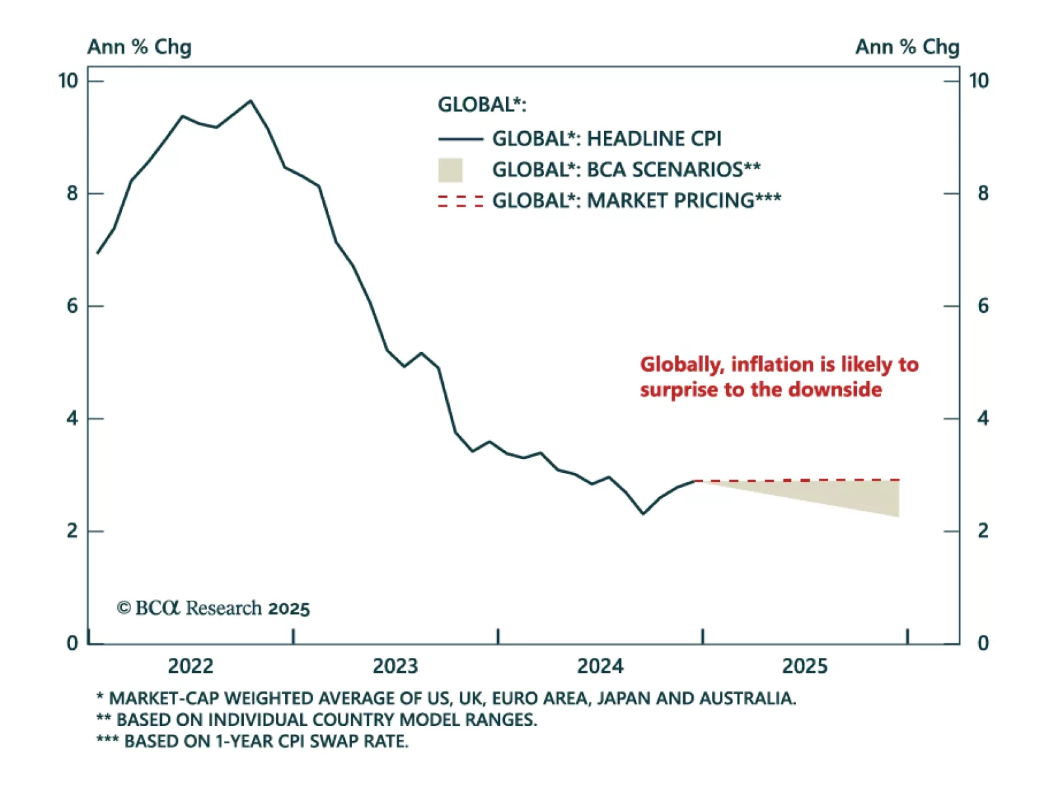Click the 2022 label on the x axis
(x=190, y=666)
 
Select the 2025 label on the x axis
(x=804, y=666)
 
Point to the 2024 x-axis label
(x=600, y=666)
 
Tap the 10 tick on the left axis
(x=68, y=81)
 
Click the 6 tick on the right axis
(x=982, y=306)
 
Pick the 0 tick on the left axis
(x=72, y=643)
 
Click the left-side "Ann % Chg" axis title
(x=139, y=47)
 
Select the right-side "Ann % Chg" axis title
(x=907, y=47)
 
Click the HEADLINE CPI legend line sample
(x=460, y=139)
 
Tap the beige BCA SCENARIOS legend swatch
(x=450, y=170)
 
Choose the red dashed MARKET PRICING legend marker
(x=460, y=201)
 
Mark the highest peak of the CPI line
(x=250, y=101)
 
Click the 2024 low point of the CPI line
(x=643, y=514)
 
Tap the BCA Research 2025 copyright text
(x=213, y=609)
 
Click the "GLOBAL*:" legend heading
(x=482, y=105)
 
